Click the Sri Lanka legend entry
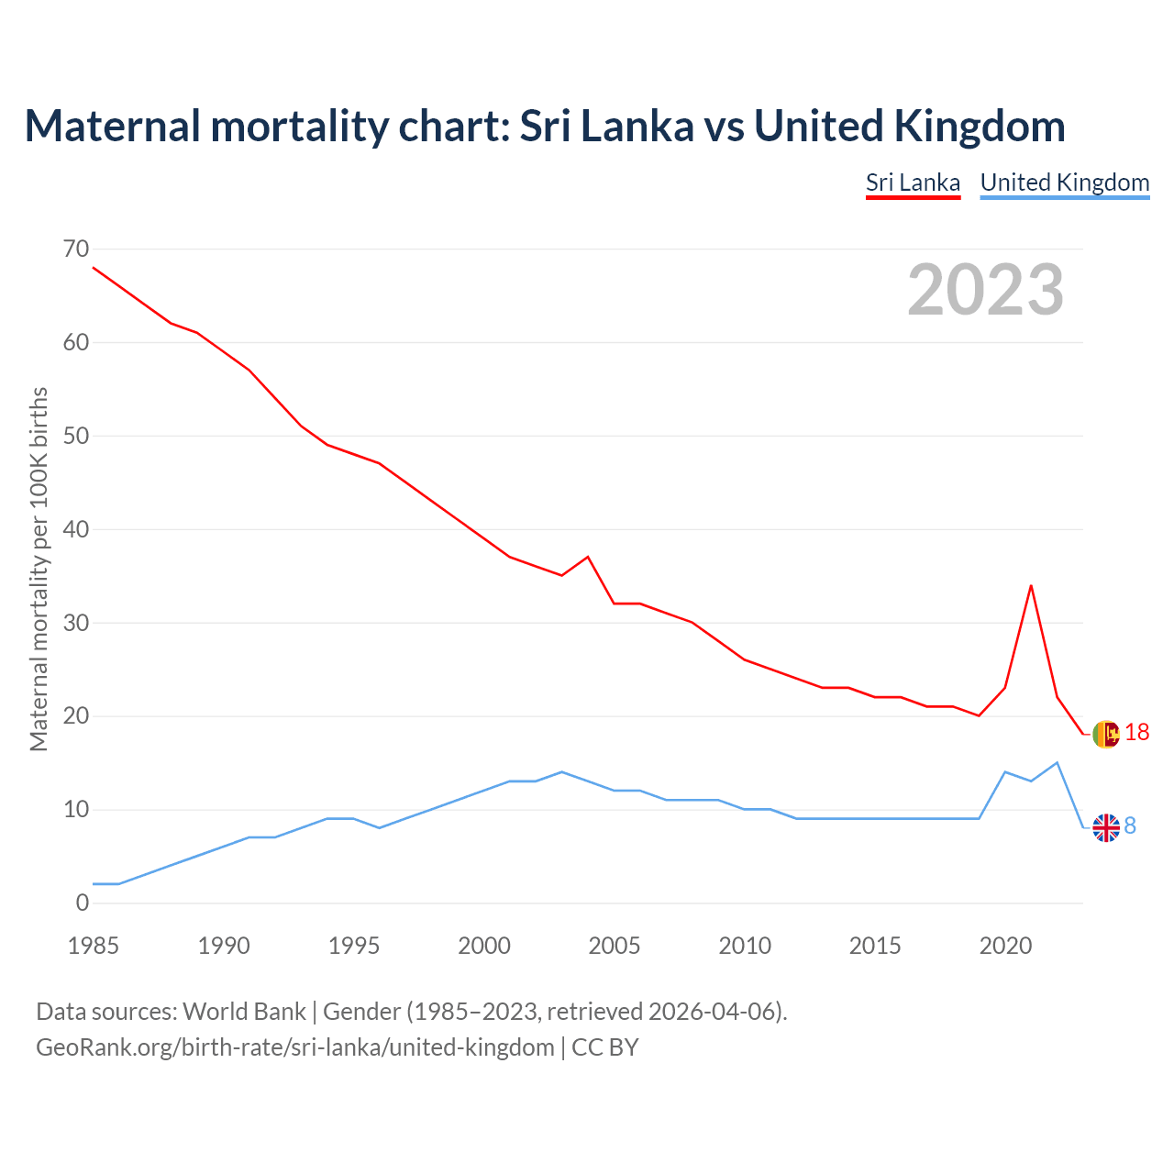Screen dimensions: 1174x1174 913,183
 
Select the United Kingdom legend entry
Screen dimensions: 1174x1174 1064,183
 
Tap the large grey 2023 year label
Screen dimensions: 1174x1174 985,290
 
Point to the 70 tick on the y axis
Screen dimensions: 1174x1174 77,249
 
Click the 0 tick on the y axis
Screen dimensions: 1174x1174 83,903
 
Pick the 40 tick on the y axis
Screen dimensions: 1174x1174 77,530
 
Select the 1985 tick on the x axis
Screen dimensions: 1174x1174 94,946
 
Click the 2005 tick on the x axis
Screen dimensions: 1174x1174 615,946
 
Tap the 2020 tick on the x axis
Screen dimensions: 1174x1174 1005,946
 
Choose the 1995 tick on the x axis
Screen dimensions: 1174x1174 354,946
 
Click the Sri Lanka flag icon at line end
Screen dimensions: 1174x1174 1106,734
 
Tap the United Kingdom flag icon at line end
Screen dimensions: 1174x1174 1106,827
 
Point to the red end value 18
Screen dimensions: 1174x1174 1136,732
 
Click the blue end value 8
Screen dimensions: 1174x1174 1130,826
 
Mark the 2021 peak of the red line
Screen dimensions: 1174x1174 1031,585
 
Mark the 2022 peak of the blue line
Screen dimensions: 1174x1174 1057,762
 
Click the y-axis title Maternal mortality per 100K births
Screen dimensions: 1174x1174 39,569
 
